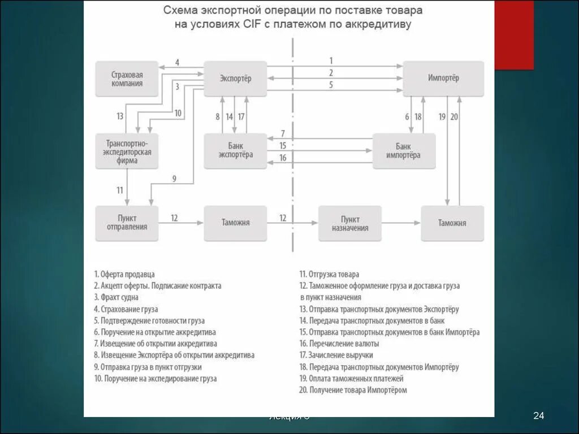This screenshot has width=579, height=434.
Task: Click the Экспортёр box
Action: [x=235, y=79]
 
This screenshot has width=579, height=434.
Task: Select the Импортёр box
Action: [x=443, y=79]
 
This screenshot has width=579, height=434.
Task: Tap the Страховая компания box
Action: [x=127, y=79]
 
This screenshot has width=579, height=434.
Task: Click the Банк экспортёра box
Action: [x=235, y=151]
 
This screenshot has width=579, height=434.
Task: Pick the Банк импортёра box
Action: [x=404, y=151]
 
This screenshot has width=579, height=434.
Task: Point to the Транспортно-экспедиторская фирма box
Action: [x=127, y=151]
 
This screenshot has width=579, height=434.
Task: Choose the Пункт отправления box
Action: [x=127, y=223]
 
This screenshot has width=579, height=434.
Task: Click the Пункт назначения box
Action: [x=349, y=223]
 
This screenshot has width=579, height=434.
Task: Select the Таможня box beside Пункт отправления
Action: [x=235, y=223]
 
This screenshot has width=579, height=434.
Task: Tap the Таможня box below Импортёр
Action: [x=452, y=223]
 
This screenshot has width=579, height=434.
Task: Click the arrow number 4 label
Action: [x=177, y=62]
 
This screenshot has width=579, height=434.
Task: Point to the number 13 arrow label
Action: [x=120, y=116]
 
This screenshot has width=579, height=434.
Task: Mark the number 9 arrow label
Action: [x=174, y=179]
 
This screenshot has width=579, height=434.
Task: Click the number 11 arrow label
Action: [x=120, y=190]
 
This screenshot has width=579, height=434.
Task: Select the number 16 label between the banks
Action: [x=283, y=158]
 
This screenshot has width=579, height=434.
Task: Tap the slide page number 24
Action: [x=538, y=416]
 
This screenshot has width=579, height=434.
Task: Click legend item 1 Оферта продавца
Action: [x=124, y=274]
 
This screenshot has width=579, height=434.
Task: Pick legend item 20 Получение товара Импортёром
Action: [x=353, y=390]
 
